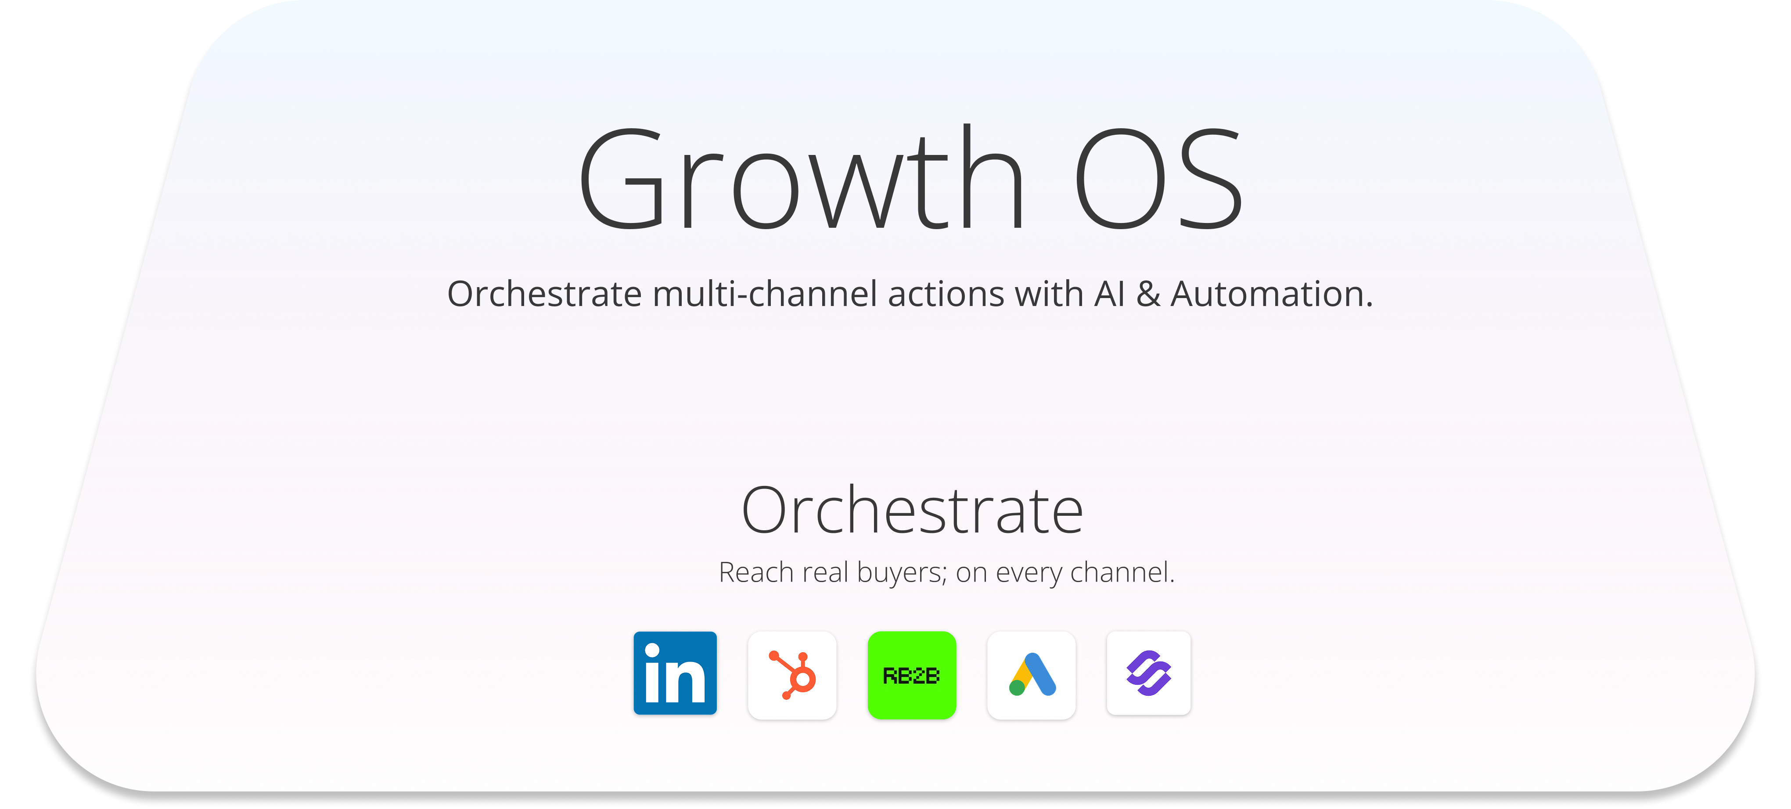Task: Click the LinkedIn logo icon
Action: pyautogui.click(x=674, y=673)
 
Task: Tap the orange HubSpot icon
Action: pyautogui.click(x=792, y=675)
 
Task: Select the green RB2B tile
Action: pyautogui.click(x=911, y=675)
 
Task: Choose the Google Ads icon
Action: pyautogui.click(x=1031, y=675)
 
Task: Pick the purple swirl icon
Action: pyautogui.click(x=1149, y=673)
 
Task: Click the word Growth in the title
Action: pyautogui.click(x=802, y=177)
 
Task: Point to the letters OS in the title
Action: pyautogui.click(x=1158, y=179)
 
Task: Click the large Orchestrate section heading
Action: pyautogui.click(x=912, y=511)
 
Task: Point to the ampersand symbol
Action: pyautogui.click(x=1148, y=294)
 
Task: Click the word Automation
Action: pyautogui.click(x=1272, y=294)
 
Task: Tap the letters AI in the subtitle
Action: pyautogui.click(x=1110, y=294)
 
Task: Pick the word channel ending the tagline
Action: pyautogui.click(x=1120, y=573)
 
